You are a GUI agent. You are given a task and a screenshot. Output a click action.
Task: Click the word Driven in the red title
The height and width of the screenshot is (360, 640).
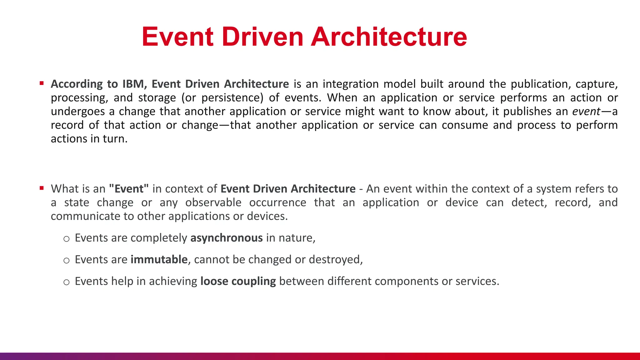click(262, 37)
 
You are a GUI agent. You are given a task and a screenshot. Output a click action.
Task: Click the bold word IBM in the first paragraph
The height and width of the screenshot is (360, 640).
click(133, 84)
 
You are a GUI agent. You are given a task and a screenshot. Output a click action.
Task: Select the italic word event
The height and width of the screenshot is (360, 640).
click(586, 111)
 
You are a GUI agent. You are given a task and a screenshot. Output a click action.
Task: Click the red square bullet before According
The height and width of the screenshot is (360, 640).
click(42, 83)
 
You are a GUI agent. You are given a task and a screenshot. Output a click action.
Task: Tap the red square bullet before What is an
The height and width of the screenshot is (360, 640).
click(42, 188)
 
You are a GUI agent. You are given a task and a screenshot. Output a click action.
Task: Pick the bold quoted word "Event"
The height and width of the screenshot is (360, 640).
click(129, 189)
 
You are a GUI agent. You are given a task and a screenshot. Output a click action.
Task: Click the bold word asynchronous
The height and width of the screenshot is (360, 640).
click(227, 238)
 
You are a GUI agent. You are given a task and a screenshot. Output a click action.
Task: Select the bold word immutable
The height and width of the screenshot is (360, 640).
click(159, 260)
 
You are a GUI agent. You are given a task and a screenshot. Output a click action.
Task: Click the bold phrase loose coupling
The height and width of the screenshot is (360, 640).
click(238, 281)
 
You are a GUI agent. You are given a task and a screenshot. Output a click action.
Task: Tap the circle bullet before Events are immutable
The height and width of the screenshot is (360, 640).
click(66, 261)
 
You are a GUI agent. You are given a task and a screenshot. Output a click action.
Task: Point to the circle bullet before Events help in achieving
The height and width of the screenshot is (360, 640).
click(66, 282)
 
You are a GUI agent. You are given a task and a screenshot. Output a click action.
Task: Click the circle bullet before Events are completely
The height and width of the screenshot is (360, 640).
click(66, 239)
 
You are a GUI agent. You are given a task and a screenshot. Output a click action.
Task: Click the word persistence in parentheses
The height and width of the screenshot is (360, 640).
click(231, 98)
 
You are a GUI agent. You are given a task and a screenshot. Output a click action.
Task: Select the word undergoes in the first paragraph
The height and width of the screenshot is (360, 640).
click(78, 112)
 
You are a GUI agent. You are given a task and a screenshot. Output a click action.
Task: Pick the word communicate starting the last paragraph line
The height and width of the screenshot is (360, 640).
click(85, 216)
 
